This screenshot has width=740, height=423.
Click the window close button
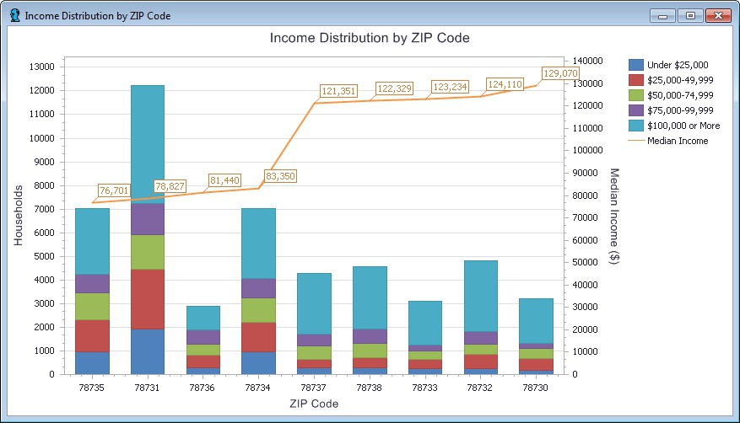pos(717,16)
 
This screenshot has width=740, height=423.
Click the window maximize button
pos(690,16)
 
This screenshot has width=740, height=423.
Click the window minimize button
pos(664,16)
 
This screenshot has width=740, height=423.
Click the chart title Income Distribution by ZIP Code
pos(370,38)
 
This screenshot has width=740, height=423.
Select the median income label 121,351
pos(338,91)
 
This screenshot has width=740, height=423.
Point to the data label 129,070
pos(560,73)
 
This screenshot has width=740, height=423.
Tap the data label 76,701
pos(114,190)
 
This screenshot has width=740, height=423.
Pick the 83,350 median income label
pos(280,176)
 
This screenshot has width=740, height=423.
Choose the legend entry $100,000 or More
pos(683,126)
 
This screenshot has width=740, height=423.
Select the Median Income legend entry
pos(677,141)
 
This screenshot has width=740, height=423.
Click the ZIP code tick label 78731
pos(148,388)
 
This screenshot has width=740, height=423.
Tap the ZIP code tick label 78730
pos(536,388)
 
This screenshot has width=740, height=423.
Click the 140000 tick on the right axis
pos(588,61)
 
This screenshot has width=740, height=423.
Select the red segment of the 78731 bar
pos(148,299)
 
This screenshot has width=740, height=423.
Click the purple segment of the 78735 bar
pos(92,283)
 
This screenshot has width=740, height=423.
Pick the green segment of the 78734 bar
pos(258,310)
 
